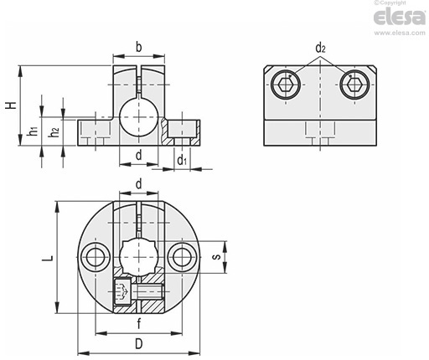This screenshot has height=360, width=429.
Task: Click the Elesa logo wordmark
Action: (x=400, y=17)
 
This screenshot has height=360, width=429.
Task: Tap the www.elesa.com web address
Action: (x=400, y=33)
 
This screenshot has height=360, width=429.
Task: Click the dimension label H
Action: (x=12, y=105)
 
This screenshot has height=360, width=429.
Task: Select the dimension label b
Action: (x=139, y=47)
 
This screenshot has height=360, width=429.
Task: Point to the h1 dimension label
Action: (x=33, y=131)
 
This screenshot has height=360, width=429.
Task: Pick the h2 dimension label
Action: (x=54, y=131)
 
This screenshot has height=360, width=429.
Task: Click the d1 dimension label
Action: (x=182, y=160)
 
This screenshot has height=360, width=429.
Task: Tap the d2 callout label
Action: (x=320, y=49)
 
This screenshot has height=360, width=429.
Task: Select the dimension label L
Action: (x=48, y=258)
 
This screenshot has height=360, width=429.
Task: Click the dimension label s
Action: (x=216, y=257)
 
